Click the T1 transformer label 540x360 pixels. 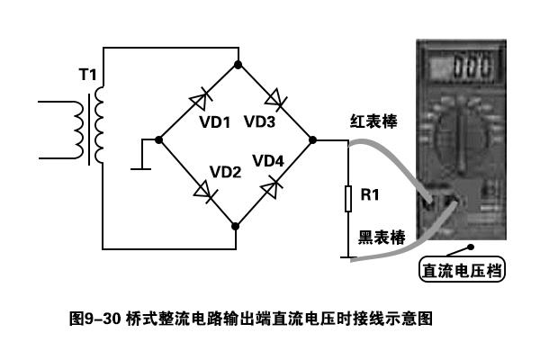tap(86, 75)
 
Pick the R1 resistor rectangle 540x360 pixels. tap(348, 197)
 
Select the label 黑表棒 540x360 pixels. tap(381, 237)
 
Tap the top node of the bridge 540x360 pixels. tap(236, 65)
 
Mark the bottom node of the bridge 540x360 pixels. tap(236, 223)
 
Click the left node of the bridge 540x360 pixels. tap(158, 140)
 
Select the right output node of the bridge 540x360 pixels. tap(311, 140)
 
